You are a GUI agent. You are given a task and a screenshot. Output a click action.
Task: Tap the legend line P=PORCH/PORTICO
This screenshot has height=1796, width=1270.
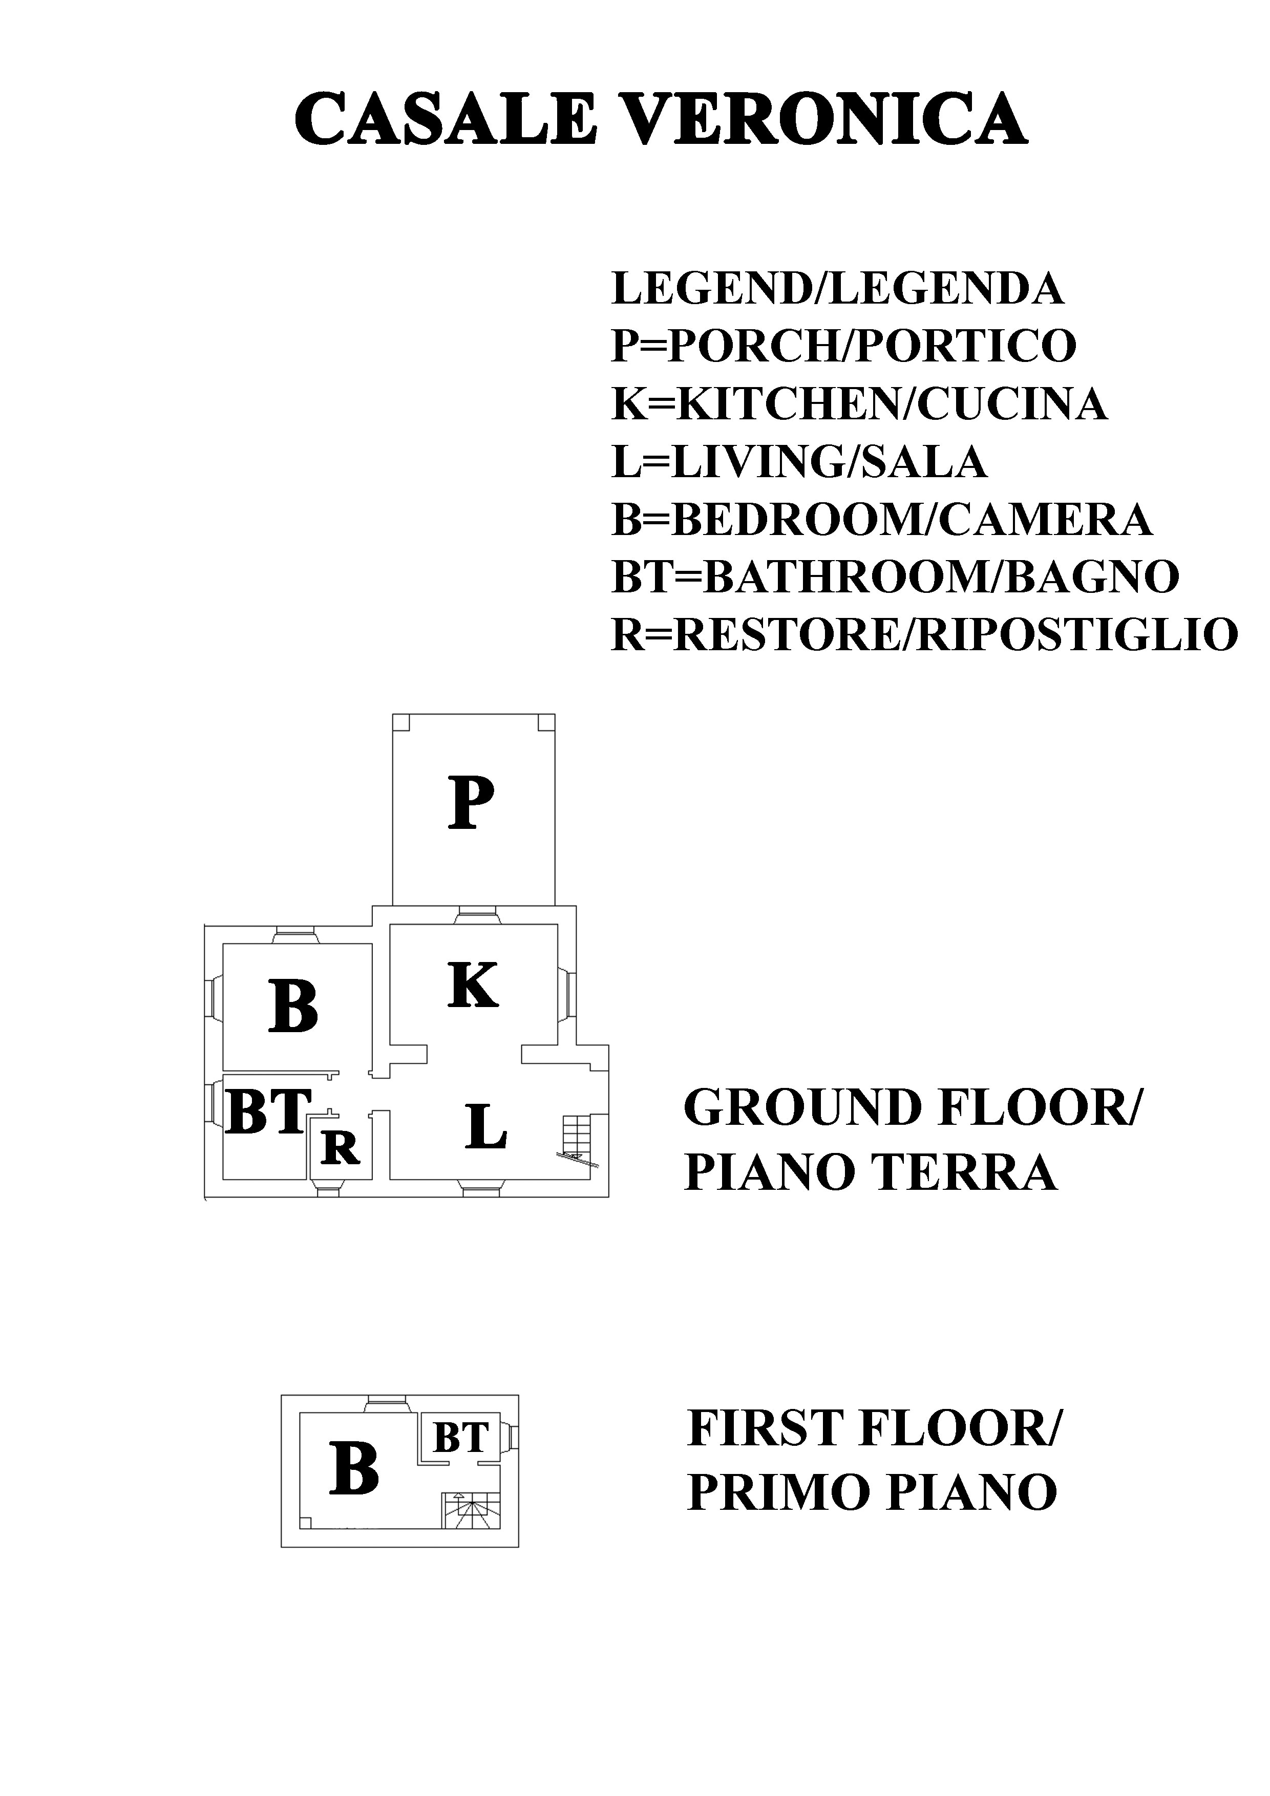pos(843,346)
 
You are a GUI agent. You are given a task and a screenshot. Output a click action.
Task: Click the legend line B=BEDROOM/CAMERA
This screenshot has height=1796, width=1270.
pos(881,520)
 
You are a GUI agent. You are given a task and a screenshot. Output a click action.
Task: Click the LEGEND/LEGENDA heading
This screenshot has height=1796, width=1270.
pos(836,289)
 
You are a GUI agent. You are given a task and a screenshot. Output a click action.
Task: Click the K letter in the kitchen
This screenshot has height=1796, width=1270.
pos(473,985)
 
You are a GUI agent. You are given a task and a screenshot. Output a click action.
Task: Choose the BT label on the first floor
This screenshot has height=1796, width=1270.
pos(461,1438)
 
